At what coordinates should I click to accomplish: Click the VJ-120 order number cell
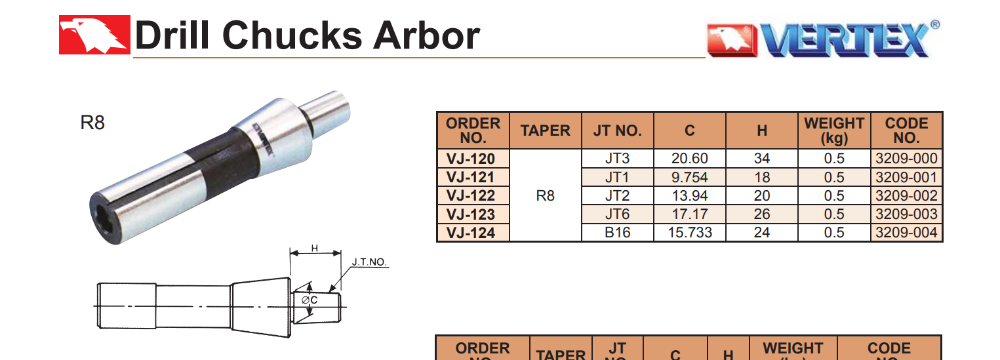tap(470, 159)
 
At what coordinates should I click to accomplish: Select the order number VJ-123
tap(470, 214)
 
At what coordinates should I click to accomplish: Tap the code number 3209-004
tap(906, 233)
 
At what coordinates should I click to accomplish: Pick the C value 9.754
tap(689, 178)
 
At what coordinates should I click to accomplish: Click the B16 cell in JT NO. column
tap(617, 233)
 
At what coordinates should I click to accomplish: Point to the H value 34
tap(761, 159)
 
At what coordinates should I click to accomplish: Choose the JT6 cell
tap(617, 214)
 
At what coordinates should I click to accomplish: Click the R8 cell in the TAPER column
tap(545, 195)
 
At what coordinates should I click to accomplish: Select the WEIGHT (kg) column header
tap(833, 130)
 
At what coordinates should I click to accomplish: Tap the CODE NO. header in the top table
tap(906, 130)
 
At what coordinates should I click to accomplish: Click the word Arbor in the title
tap(426, 35)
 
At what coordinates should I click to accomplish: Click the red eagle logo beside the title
tap(94, 35)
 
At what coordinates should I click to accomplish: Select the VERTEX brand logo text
tap(846, 41)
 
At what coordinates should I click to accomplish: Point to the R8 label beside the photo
tap(92, 123)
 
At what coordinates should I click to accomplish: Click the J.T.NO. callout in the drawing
tap(370, 262)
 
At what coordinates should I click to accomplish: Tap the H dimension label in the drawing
tap(315, 248)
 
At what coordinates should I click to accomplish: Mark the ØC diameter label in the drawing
tap(310, 300)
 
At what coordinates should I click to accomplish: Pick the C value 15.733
tap(689, 233)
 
